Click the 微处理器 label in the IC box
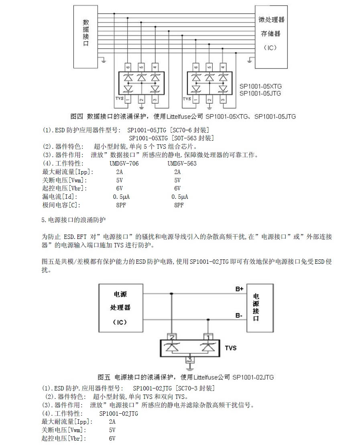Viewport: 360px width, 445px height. (271, 20)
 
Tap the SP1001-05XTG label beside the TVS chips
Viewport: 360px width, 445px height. (260, 86)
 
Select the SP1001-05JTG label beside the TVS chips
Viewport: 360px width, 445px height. (260, 93)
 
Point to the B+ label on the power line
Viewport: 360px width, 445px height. (239, 289)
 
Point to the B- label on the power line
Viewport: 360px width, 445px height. (239, 315)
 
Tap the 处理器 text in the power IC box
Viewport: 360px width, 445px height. (120, 307)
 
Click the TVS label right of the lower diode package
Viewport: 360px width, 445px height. (230, 348)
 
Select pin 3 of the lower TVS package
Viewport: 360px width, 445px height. (190, 360)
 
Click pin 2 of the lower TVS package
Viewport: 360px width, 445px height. (172, 337)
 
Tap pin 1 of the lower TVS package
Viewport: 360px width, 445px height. (208, 337)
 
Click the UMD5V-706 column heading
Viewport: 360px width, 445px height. (124, 164)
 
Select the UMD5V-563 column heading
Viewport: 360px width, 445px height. (182, 164)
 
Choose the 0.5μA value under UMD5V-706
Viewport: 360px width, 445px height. (121, 197)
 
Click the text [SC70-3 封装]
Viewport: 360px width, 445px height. (195, 388)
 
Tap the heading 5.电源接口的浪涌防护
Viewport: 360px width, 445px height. (73, 220)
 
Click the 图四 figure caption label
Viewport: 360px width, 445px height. (76, 116)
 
